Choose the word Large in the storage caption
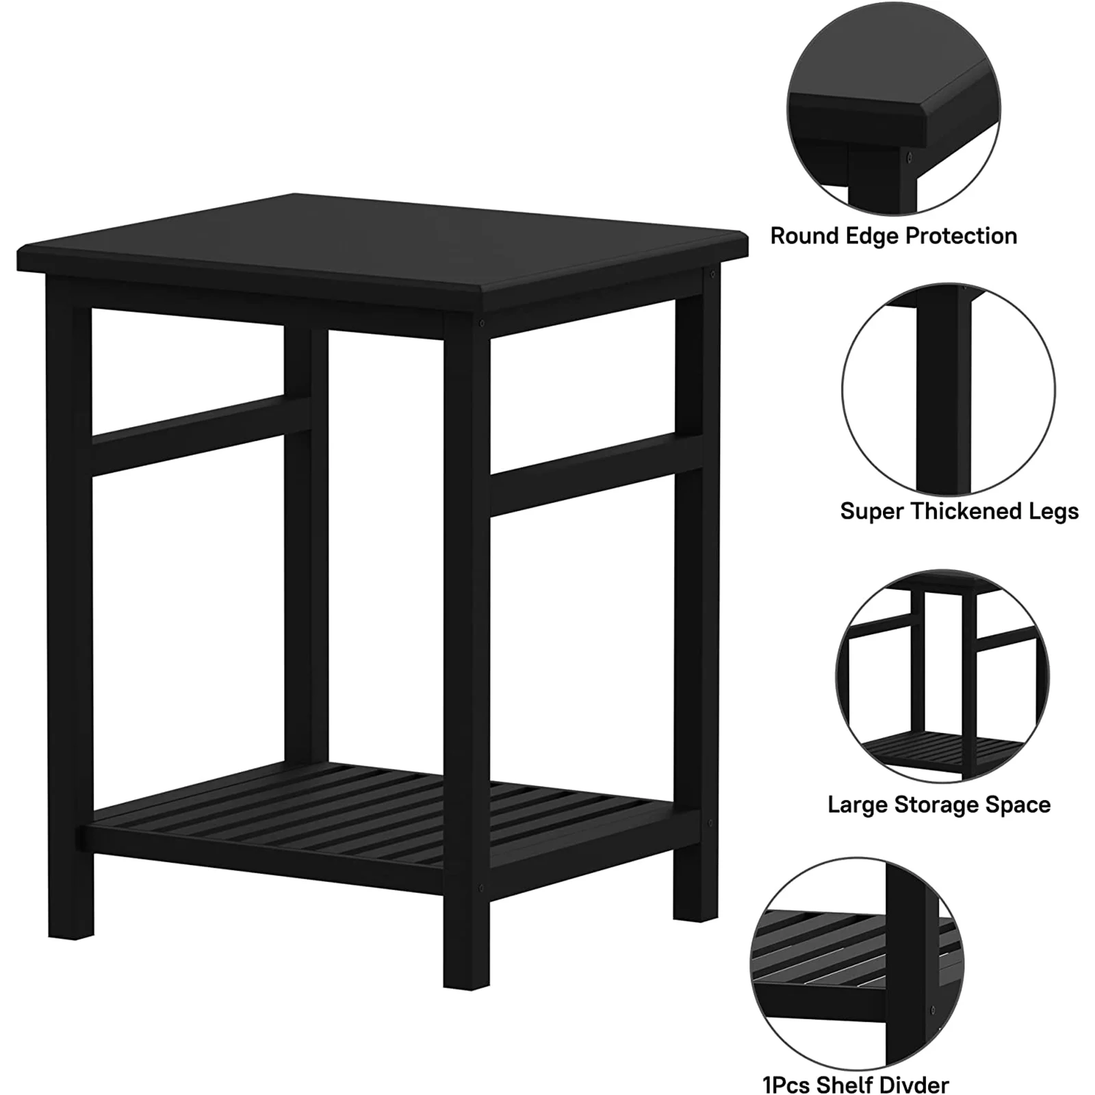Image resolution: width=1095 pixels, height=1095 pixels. pos(856,805)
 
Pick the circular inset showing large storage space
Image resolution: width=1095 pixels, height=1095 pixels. pos(942,675)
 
